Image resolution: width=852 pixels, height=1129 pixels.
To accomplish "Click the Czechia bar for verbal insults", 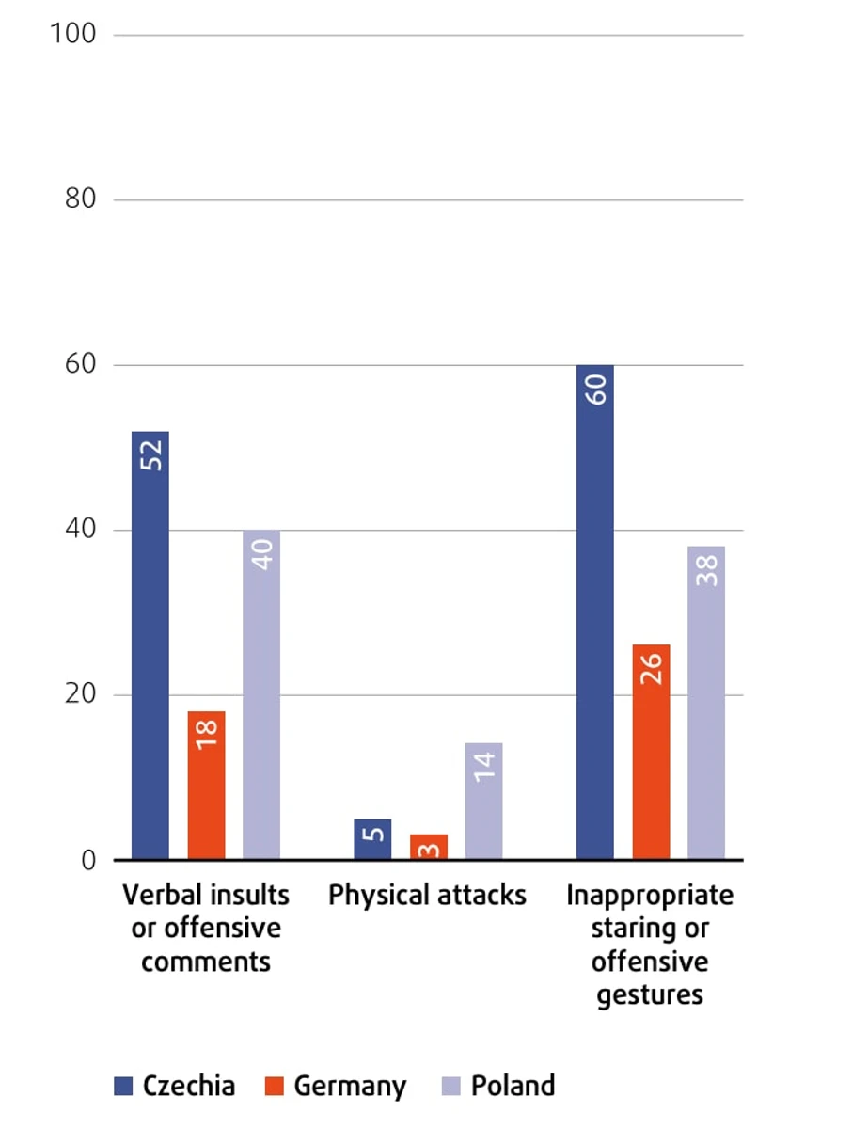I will pos(150,659).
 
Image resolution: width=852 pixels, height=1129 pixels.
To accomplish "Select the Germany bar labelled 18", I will pos(206,790).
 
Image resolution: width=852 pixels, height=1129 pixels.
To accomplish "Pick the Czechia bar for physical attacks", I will pos(372,839).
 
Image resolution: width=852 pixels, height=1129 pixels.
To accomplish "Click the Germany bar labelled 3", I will pos(428,847).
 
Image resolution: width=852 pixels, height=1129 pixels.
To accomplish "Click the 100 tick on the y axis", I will pos(73,34).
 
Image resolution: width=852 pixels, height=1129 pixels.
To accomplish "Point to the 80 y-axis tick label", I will pos(79,199).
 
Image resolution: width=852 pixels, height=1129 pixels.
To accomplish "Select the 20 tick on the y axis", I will pos(79,694).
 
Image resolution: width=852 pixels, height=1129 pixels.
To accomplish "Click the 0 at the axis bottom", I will pos(88,860).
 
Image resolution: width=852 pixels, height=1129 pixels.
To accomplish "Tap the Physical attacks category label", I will pos(427,895).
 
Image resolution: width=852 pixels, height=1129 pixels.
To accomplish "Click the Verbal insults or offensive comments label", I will pos(206,928).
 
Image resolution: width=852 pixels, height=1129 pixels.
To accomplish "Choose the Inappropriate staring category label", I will pos(650,945).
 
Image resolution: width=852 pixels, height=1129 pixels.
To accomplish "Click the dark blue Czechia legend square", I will pos(123,1086).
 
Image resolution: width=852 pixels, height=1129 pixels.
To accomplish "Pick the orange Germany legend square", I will pos(274,1086).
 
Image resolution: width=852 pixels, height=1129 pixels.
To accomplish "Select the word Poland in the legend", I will pos(513,1086).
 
